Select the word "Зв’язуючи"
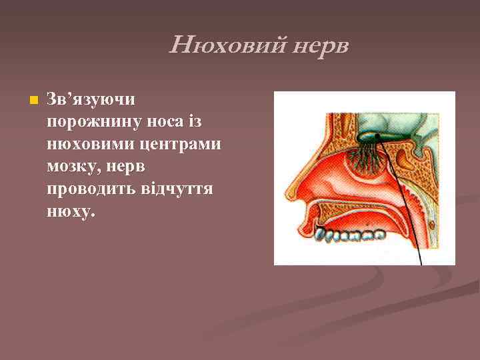click(x=91, y=99)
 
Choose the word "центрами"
click(x=183, y=145)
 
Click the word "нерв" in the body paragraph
click(x=133, y=167)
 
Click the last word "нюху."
click(x=72, y=213)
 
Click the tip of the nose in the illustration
click(x=288, y=194)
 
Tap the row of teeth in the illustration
click(x=349, y=234)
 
